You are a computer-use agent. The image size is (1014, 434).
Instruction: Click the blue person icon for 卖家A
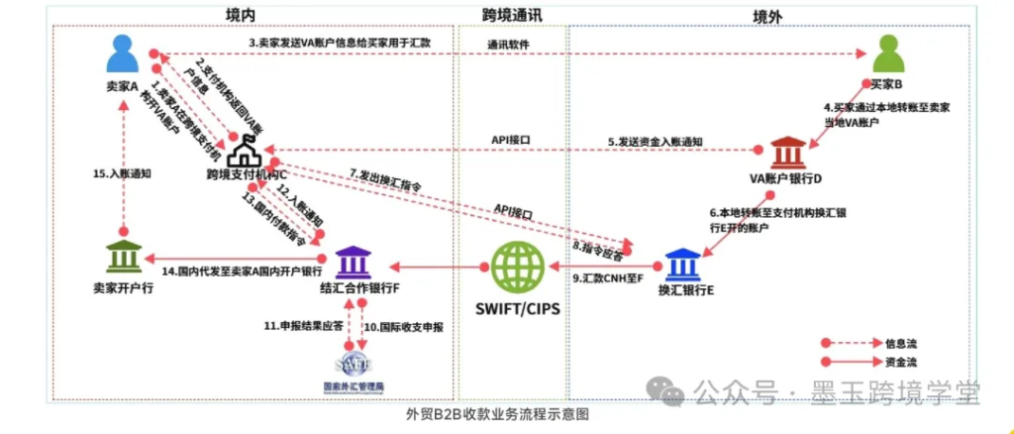point(123,54)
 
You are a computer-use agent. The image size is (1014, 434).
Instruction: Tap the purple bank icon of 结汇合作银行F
point(354,263)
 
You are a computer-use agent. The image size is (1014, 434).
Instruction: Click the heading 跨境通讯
point(512,15)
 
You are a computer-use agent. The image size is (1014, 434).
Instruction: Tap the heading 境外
point(767,15)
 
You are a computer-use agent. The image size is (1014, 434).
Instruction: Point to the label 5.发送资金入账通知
point(656,142)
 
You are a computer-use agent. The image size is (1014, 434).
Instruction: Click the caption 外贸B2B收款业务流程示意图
point(497,415)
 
